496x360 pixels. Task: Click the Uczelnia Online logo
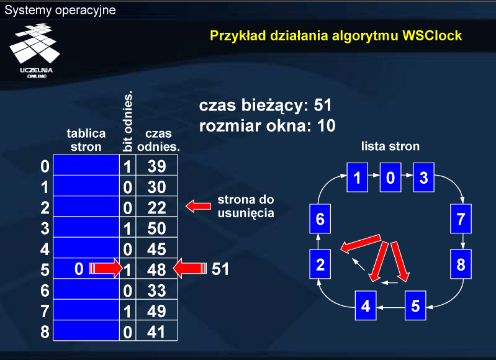(35, 51)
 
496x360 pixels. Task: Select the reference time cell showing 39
(156, 165)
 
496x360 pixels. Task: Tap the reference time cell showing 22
(156, 207)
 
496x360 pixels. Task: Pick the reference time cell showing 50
(156, 227)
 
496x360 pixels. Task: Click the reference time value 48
(156, 269)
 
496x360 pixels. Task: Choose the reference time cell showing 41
(156, 331)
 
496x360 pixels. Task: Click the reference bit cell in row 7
(127, 310)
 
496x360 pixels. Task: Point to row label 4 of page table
(45, 249)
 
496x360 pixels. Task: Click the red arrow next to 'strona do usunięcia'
(198, 206)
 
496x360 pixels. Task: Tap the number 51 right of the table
(220, 269)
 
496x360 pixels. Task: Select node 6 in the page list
(320, 218)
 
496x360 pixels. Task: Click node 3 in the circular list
(423, 178)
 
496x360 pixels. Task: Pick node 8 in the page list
(461, 264)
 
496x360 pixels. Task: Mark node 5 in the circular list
(415, 305)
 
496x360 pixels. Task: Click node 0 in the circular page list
(390, 178)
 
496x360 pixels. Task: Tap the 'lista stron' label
(390, 146)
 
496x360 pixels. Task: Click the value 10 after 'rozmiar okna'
(326, 126)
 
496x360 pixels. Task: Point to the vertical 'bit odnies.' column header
(128, 122)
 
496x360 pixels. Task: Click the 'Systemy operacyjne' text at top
(60, 10)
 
